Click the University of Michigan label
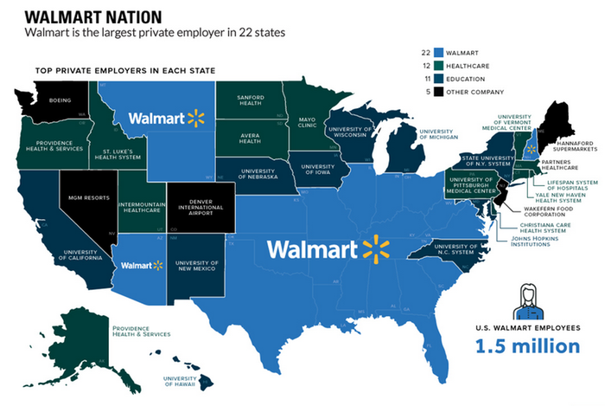(x=436, y=133)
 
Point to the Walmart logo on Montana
(x=164, y=117)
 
